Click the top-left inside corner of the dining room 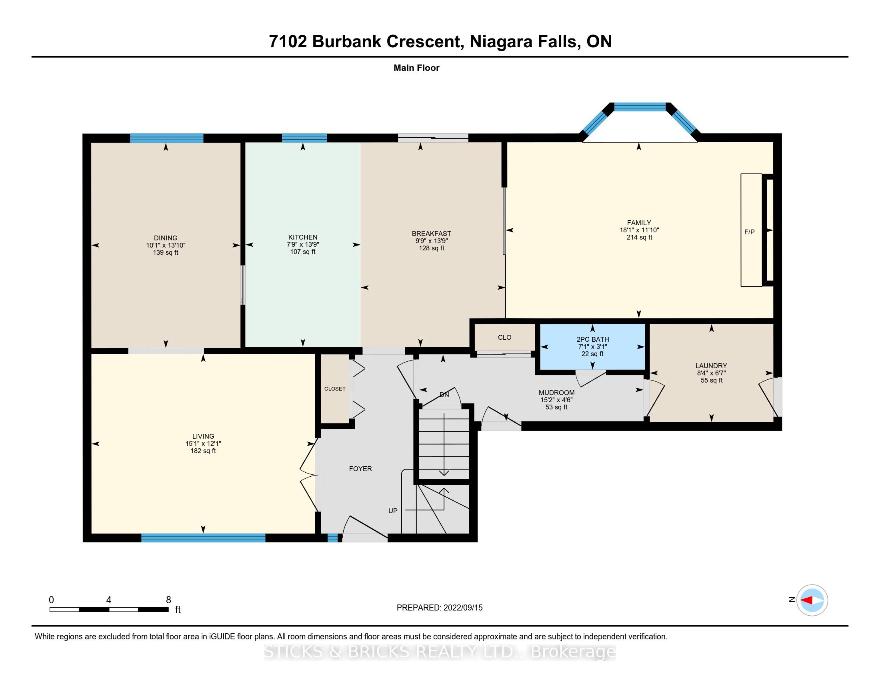point(92,143)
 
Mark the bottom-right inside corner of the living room point(315,533)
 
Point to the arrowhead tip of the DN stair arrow point(444,475)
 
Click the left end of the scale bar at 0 point(50,610)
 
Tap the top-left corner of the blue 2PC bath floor point(540,324)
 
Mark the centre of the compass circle point(812,600)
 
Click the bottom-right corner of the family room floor point(774,318)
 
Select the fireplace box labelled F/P point(752,230)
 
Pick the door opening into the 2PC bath point(590,378)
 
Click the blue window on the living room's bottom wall point(203,537)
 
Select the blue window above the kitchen point(304,138)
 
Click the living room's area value point(203,451)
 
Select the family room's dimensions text point(639,230)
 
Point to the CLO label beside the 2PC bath point(504,337)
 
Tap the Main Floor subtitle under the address point(416,68)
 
